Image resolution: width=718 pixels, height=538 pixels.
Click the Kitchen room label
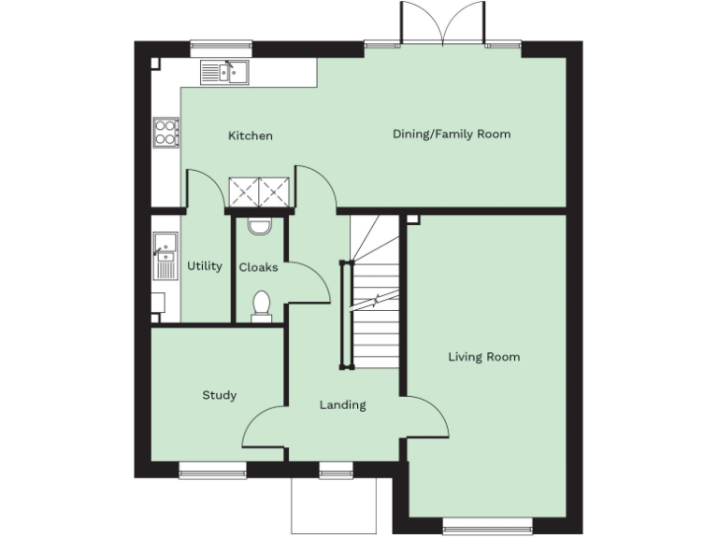[251, 136]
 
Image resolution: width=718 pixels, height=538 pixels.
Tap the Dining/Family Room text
[452, 134]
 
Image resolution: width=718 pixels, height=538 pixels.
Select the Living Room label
[483, 357]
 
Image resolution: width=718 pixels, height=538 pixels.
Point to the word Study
[220, 395]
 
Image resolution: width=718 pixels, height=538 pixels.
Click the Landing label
[342, 405]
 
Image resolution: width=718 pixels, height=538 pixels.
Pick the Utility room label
[204, 266]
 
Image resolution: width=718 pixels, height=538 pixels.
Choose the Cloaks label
[258, 267]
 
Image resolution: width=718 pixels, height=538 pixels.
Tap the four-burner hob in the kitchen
[166, 132]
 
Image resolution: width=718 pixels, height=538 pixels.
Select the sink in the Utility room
[165, 247]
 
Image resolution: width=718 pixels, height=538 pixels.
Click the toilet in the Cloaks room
[262, 306]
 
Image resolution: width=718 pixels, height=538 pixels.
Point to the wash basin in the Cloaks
[259, 225]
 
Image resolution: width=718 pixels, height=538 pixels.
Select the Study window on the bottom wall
[212, 473]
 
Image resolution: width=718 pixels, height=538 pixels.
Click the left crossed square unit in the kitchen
[246, 192]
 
